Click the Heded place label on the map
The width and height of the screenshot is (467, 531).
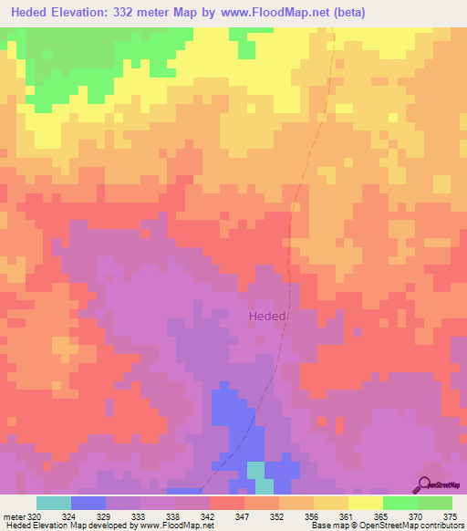pyautogui.click(x=268, y=316)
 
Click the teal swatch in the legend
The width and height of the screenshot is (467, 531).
pyautogui.click(x=54, y=503)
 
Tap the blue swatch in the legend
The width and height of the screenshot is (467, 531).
pyautogui.click(x=88, y=503)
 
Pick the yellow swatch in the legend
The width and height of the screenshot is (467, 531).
pyautogui.click(x=366, y=503)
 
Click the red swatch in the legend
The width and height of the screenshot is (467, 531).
pyautogui.click(x=227, y=503)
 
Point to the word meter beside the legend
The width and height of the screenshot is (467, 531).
pyautogui.click(x=14, y=515)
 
